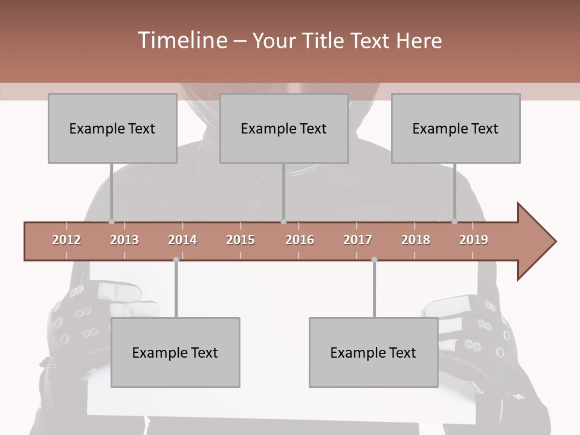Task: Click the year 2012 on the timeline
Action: point(66,240)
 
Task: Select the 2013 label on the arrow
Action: point(124,240)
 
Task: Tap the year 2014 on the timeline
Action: point(182,240)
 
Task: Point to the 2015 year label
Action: point(240,240)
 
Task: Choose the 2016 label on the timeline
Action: point(300,240)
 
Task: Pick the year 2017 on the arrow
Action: point(358,240)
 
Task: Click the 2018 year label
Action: point(416,240)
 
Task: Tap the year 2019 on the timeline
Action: point(474,240)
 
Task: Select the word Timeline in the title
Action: point(181,40)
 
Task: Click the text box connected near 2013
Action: point(112,128)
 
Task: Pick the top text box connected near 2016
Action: point(284,128)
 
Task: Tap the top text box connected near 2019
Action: point(456,128)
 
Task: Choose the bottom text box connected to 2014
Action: point(175,352)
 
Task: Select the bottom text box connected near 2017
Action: point(373,352)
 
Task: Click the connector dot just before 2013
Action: point(111,222)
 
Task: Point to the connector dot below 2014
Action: point(176,260)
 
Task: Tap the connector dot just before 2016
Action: point(283,222)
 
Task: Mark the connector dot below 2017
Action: point(374,260)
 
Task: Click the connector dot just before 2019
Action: point(454,222)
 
